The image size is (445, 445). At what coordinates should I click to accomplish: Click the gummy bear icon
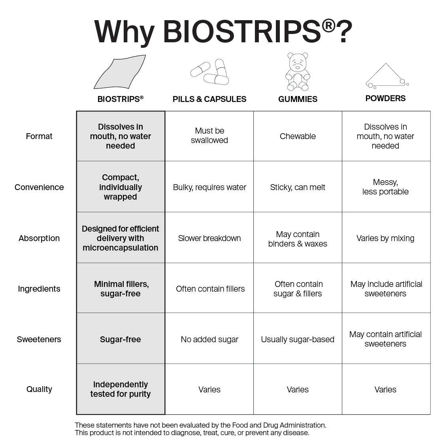[x=298, y=72]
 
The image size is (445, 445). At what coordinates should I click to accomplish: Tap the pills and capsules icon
[x=209, y=72]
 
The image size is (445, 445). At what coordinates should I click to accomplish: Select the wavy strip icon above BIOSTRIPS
[x=120, y=72]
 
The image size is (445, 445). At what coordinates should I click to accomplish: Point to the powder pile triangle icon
[x=386, y=76]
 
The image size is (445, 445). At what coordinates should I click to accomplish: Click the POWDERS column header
[x=385, y=98]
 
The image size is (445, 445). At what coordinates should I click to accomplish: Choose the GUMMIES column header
[x=298, y=99]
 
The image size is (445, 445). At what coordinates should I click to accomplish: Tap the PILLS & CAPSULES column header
[x=209, y=99]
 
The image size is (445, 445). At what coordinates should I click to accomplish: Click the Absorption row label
[x=39, y=238]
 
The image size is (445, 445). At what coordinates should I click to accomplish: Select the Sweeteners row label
[x=39, y=339]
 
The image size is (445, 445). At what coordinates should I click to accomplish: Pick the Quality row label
[x=39, y=389]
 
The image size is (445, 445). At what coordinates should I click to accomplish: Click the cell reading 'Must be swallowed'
[x=209, y=136]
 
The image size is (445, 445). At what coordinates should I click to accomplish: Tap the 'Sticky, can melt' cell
[x=298, y=187]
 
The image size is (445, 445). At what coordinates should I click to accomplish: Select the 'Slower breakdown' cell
[x=209, y=238]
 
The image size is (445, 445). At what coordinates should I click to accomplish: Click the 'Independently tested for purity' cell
[x=121, y=389]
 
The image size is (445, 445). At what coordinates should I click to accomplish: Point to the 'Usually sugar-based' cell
[x=298, y=339]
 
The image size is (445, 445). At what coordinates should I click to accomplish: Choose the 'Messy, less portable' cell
[x=385, y=187]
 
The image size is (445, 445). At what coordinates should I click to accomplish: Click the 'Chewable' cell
[x=298, y=136]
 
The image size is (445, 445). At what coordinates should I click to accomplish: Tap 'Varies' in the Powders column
[x=385, y=390]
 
